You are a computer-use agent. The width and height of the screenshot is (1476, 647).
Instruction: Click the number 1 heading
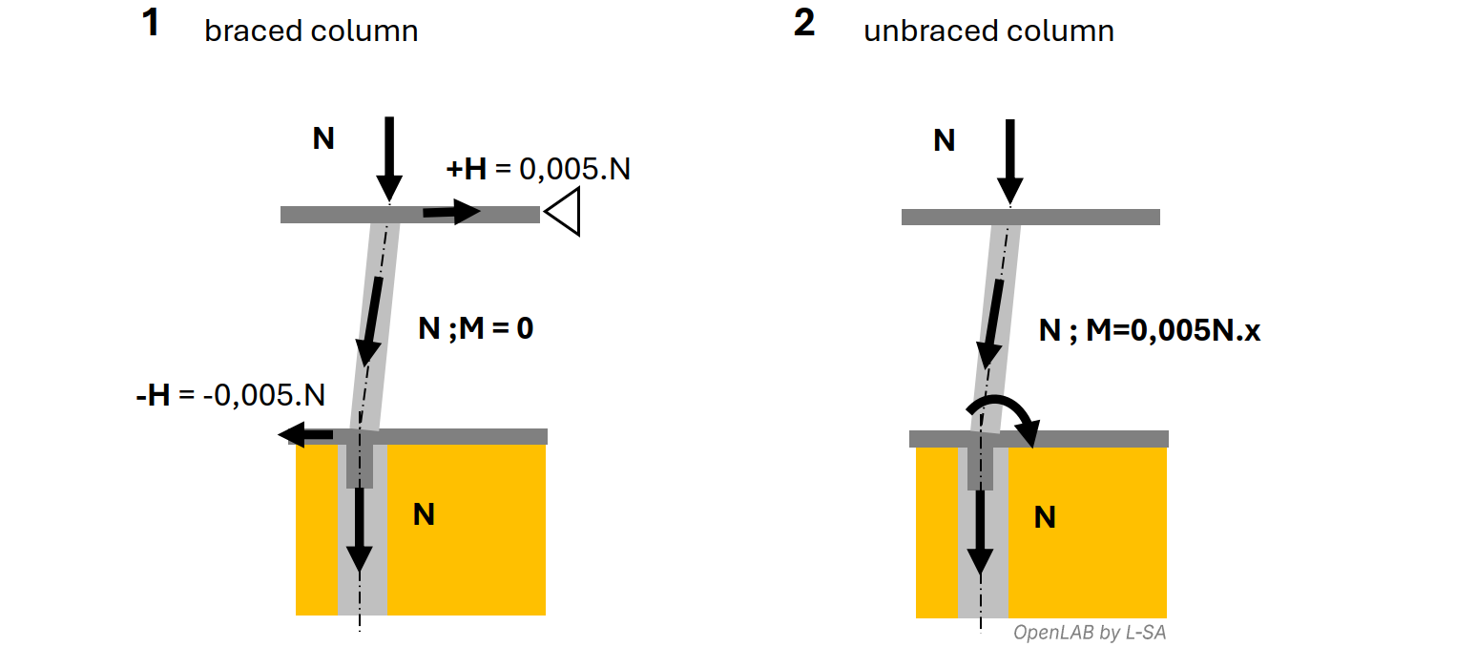[150, 23]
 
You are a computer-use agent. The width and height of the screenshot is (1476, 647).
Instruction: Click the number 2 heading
[804, 23]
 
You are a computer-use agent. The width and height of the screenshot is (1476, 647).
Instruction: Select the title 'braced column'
[311, 31]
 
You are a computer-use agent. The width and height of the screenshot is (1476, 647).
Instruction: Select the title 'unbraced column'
[988, 31]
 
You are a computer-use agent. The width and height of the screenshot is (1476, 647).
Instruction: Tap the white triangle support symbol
[564, 212]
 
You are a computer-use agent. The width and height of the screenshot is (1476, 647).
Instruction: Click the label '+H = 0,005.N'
[538, 170]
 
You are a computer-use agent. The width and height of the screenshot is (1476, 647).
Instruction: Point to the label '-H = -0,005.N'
[230, 394]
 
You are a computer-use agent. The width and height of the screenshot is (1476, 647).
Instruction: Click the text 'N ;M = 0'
[475, 329]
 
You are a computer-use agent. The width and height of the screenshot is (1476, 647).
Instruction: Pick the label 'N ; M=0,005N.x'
[1150, 331]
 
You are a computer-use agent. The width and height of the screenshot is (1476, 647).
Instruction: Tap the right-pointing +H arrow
[451, 212]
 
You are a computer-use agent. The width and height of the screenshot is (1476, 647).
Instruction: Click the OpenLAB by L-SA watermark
[1089, 632]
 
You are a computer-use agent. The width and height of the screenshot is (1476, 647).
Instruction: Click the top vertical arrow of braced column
[388, 157]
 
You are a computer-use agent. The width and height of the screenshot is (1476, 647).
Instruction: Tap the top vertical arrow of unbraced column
[1009, 160]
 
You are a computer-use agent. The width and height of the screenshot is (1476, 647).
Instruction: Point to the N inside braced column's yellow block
[424, 514]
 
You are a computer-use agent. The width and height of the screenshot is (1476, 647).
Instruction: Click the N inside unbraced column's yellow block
[1045, 517]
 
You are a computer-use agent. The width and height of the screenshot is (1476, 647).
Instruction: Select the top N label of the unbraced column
[944, 141]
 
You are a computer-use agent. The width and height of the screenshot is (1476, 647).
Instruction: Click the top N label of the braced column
[323, 139]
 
